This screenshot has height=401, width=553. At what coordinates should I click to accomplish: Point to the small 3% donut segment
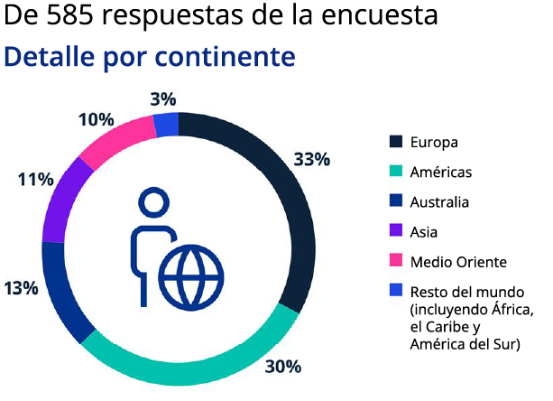166,124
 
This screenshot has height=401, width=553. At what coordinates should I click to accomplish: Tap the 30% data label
282,367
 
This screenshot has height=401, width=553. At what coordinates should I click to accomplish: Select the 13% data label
20,289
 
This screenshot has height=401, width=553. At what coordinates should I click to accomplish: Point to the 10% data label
96,119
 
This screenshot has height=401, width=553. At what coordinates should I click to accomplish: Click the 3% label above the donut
163,99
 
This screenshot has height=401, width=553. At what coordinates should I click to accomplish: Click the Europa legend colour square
395,142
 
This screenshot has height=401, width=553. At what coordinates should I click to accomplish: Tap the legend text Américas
440,172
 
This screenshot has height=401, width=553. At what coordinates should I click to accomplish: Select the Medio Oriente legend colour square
395,262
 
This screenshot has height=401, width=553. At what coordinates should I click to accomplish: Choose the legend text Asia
423,232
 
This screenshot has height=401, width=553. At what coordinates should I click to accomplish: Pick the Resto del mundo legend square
395,291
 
